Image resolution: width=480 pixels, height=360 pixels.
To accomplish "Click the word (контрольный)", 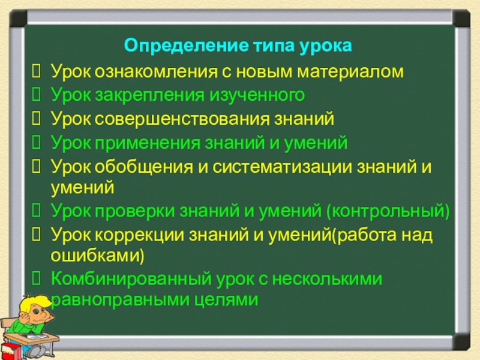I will (x=387, y=211).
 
